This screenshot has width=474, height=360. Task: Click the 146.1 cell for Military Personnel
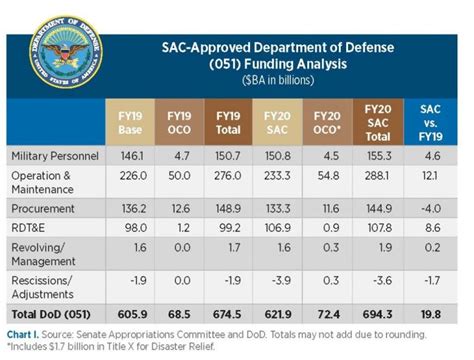coord(132,157)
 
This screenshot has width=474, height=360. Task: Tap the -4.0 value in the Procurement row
coord(430,207)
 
